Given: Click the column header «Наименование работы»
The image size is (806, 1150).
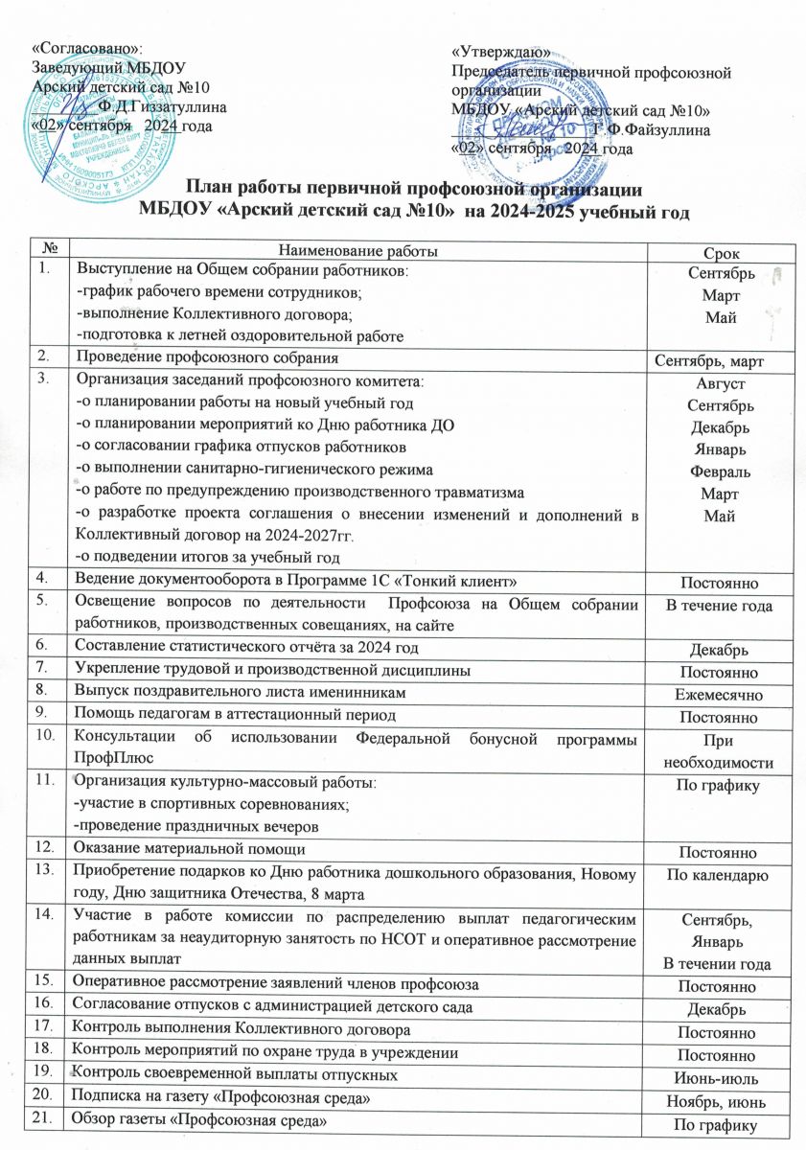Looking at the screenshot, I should pyautogui.click(x=354, y=250).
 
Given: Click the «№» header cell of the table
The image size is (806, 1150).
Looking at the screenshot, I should pyautogui.click(x=47, y=249).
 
